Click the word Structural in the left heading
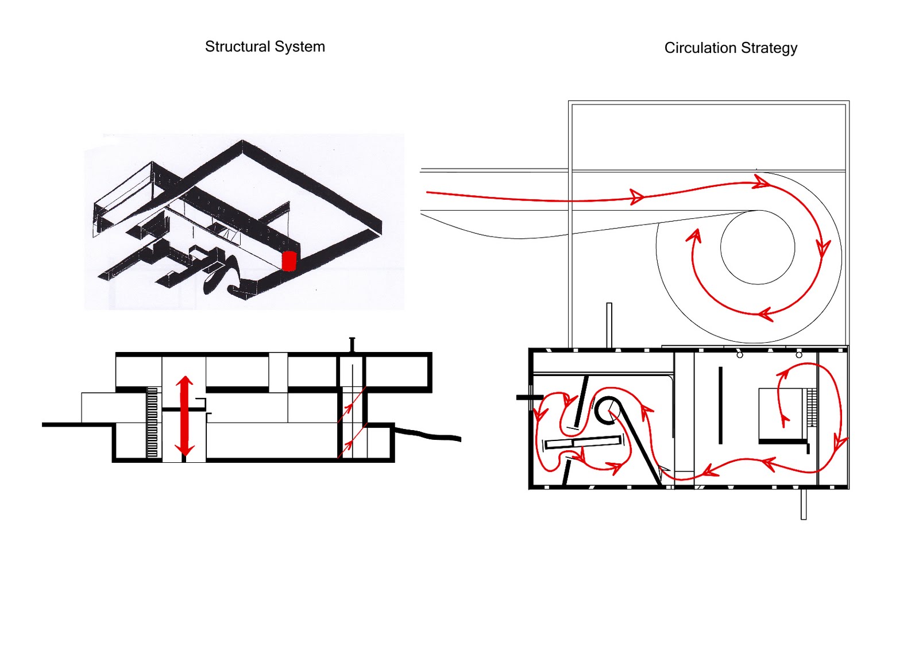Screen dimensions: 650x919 237,47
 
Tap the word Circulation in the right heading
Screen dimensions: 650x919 700,48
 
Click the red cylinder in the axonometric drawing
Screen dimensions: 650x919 288,261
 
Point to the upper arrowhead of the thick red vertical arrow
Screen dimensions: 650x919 184,382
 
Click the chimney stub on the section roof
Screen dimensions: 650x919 352,344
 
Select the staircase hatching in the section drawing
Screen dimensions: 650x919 152,423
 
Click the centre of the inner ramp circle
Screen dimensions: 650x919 757,247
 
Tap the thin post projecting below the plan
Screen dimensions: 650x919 803,504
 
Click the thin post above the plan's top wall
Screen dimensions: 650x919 609,324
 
